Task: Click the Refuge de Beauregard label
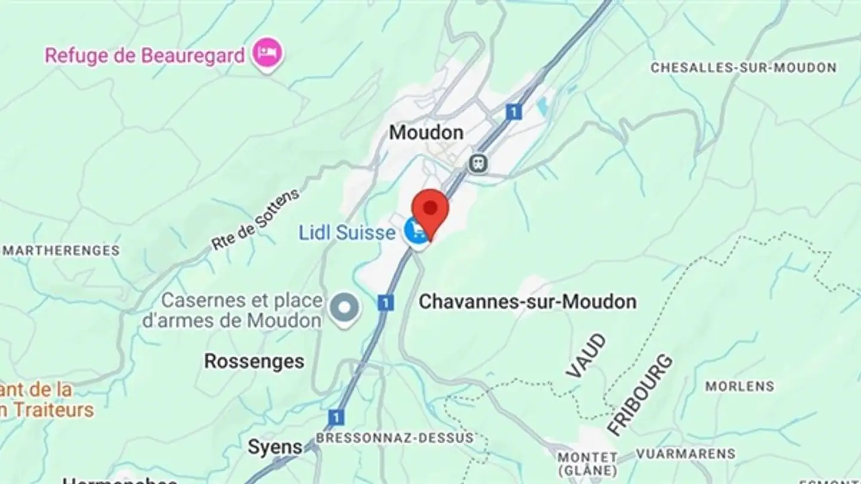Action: [145, 56]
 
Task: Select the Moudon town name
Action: [426, 132]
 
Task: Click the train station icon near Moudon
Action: [477, 163]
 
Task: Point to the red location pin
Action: [430, 210]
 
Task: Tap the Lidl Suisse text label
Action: [347, 232]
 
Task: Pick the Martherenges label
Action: [60, 250]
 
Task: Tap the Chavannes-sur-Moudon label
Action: [527, 302]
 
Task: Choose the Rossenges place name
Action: [254, 361]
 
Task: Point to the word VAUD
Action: [586, 356]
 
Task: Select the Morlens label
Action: [740, 386]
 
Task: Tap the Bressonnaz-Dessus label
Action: [394, 437]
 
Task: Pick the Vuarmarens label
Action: [685, 454]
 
